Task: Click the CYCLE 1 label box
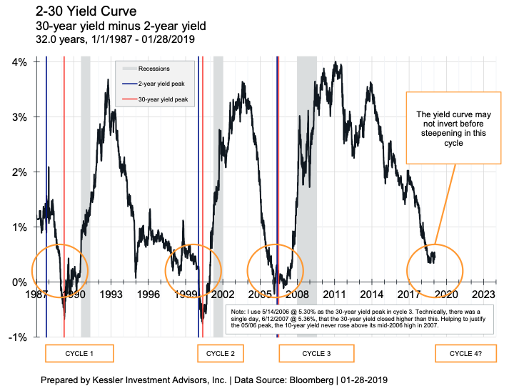(x=79, y=354)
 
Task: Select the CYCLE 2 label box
(x=220, y=354)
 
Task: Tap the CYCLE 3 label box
(x=316, y=354)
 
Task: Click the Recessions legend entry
(x=153, y=69)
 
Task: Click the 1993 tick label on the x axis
(x=111, y=294)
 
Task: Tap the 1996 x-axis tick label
(x=148, y=294)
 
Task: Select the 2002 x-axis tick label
(x=223, y=294)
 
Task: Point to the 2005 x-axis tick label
(x=260, y=294)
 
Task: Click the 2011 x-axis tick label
(x=334, y=294)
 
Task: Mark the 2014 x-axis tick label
(x=371, y=294)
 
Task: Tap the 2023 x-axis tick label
(x=483, y=294)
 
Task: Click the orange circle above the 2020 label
(x=435, y=269)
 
